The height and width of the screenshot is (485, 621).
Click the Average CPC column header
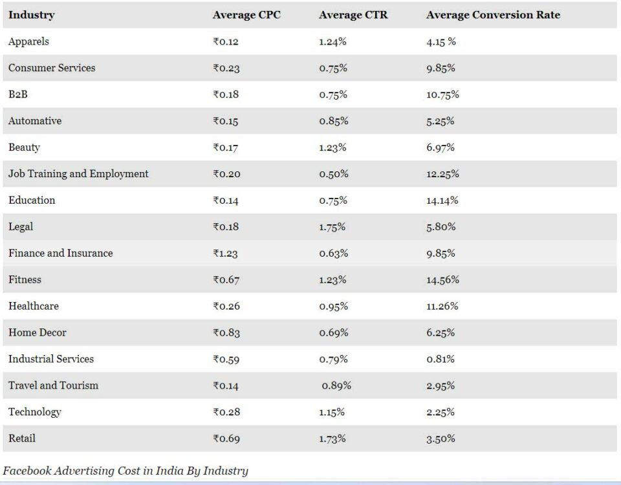(246, 15)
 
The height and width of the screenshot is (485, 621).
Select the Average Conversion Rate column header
(493, 15)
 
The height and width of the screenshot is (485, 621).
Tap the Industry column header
(31, 15)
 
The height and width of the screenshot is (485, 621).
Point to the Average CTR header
(353, 15)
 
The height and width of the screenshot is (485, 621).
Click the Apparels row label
(28, 41)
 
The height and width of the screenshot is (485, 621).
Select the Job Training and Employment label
(78, 174)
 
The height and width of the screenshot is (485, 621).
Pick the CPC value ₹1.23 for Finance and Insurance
(225, 253)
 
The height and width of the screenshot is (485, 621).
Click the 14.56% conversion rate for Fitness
(442, 280)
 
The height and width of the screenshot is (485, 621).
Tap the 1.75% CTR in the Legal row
(332, 227)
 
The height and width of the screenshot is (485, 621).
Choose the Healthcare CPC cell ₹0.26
(226, 307)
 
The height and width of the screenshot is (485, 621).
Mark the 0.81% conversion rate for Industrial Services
(441, 360)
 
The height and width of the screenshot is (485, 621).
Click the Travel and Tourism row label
(53, 385)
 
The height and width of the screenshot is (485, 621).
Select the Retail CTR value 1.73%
(332, 438)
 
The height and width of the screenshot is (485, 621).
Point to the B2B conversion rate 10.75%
(442, 94)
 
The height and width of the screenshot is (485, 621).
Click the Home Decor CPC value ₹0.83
(226, 333)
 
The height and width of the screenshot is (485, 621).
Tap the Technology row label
(34, 412)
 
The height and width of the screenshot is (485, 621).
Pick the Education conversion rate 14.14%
(442, 200)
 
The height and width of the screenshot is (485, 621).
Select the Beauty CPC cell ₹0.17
(225, 147)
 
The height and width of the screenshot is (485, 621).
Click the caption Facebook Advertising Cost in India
(125, 471)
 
